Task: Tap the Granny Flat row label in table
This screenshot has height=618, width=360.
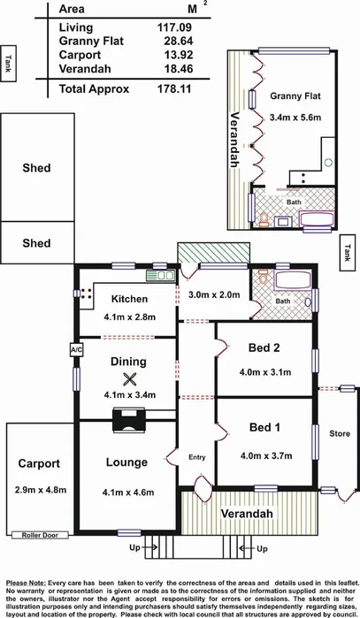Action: coord(89,41)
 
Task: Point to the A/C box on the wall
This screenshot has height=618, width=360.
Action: coord(75,349)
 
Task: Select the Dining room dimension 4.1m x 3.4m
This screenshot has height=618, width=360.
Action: coord(129,395)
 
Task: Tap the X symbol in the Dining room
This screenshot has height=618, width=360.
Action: coord(130,378)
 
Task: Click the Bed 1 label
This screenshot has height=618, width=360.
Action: coord(264,427)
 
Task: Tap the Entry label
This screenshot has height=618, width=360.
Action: coord(196,457)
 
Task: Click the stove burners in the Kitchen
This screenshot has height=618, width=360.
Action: coord(86,296)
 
